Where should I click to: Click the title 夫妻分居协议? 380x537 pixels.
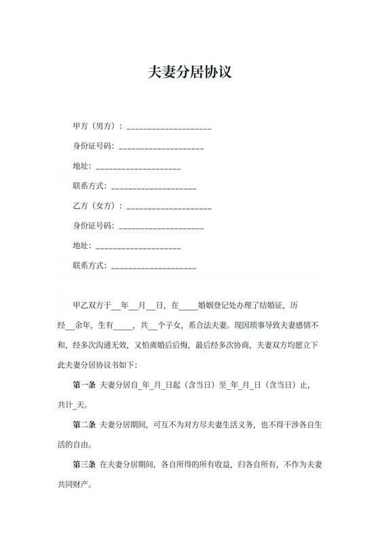(x=190, y=72)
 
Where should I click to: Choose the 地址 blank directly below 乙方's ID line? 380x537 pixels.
(x=138, y=246)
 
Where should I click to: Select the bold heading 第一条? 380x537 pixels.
(x=84, y=386)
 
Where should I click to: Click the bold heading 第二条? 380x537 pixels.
(x=84, y=425)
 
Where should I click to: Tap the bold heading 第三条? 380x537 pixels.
(x=84, y=465)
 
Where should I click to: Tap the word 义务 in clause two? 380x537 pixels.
(x=242, y=425)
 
